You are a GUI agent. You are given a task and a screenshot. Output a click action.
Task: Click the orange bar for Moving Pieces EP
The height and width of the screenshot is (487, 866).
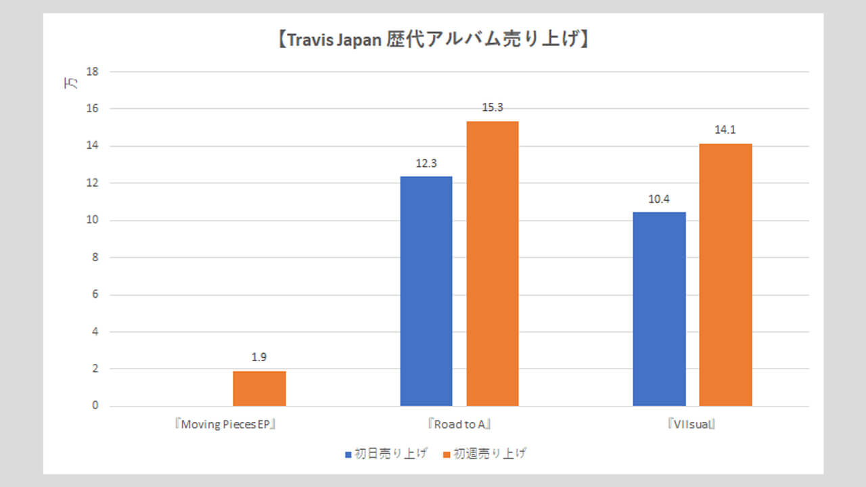point(259,388)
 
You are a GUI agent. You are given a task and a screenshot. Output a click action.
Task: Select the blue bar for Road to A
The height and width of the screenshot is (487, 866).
point(426,291)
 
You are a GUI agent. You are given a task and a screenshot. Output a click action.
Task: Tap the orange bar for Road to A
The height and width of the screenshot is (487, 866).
point(493,264)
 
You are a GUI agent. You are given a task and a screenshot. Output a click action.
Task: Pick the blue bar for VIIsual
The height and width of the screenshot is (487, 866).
point(659,309)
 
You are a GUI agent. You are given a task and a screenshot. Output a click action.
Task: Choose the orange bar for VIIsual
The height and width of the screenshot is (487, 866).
point(725,275)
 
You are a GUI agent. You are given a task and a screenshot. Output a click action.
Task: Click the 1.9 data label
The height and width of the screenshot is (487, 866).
point(259,358)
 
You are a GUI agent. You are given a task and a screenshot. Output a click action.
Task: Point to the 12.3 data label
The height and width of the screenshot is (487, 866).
point(426,163)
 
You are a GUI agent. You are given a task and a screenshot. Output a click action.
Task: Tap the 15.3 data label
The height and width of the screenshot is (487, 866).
point(493,108)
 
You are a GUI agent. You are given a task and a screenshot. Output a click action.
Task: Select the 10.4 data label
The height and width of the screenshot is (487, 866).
point(659,199)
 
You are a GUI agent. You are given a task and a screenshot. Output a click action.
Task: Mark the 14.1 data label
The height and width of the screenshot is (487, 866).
point(725,130)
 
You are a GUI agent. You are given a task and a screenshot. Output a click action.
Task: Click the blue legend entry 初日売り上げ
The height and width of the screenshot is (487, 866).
point(386,454)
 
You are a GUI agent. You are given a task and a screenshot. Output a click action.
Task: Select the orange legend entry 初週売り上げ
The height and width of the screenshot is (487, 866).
point(484,454)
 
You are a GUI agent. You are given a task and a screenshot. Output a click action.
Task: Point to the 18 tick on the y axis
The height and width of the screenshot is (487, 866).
point(93,72)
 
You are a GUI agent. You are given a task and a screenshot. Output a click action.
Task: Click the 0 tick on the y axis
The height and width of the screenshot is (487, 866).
point(95,407)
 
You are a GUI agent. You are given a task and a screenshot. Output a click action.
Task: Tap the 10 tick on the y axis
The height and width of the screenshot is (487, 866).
point(93,221)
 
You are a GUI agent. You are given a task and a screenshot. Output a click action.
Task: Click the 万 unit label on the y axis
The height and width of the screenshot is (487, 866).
point(70,84)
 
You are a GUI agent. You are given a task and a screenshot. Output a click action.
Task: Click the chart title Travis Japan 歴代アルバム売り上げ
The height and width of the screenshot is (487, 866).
point(433,40)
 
